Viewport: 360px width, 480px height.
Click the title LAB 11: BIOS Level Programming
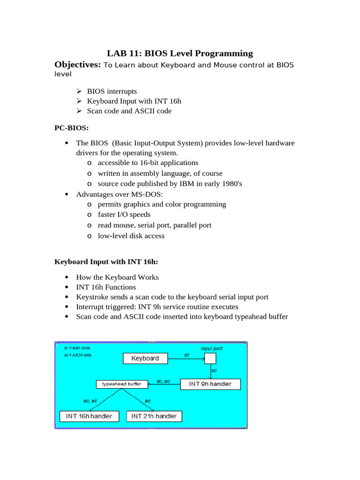point(180,53)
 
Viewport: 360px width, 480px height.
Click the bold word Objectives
point(77,65)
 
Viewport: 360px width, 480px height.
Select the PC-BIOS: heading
point(71,127)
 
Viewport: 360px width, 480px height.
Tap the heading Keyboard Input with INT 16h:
point(106,262)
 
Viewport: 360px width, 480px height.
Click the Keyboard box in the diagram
point(145,359)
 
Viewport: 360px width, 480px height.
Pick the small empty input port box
point(210,359)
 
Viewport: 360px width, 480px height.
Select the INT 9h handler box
point(210,384)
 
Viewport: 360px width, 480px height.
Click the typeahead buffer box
point(121,384)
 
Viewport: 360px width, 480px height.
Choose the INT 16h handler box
point(89,416)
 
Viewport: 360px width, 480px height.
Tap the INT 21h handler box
point(154,416)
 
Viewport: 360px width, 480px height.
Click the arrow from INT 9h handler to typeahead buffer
point(164,384)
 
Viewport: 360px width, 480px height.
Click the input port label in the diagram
point(212,348)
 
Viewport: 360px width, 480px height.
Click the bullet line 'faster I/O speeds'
point(124,215)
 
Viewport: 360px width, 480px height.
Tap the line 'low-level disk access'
point(131,236)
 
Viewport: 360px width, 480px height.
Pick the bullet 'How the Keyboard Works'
point(117,277)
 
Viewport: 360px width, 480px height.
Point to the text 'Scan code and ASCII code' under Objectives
point(129,111)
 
